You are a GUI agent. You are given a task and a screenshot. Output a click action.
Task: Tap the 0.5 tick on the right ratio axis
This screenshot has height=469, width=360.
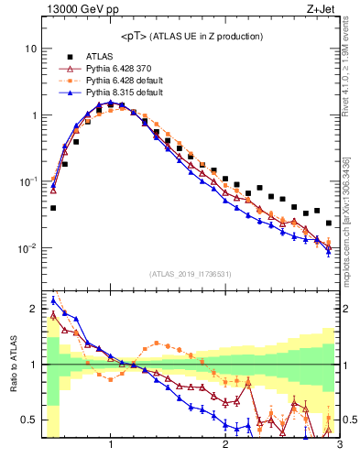click(x=351, y=420)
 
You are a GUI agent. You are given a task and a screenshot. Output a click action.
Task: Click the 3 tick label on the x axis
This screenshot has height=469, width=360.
click(x=339, y=445)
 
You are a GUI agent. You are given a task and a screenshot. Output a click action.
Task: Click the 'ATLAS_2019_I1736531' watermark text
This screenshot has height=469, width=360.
click(x=191, y=274)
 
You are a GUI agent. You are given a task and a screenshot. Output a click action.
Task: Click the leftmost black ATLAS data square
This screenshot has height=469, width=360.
click(x=53, y=208)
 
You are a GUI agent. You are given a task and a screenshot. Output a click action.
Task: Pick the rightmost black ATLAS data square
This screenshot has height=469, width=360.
click(x=329, y=223)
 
